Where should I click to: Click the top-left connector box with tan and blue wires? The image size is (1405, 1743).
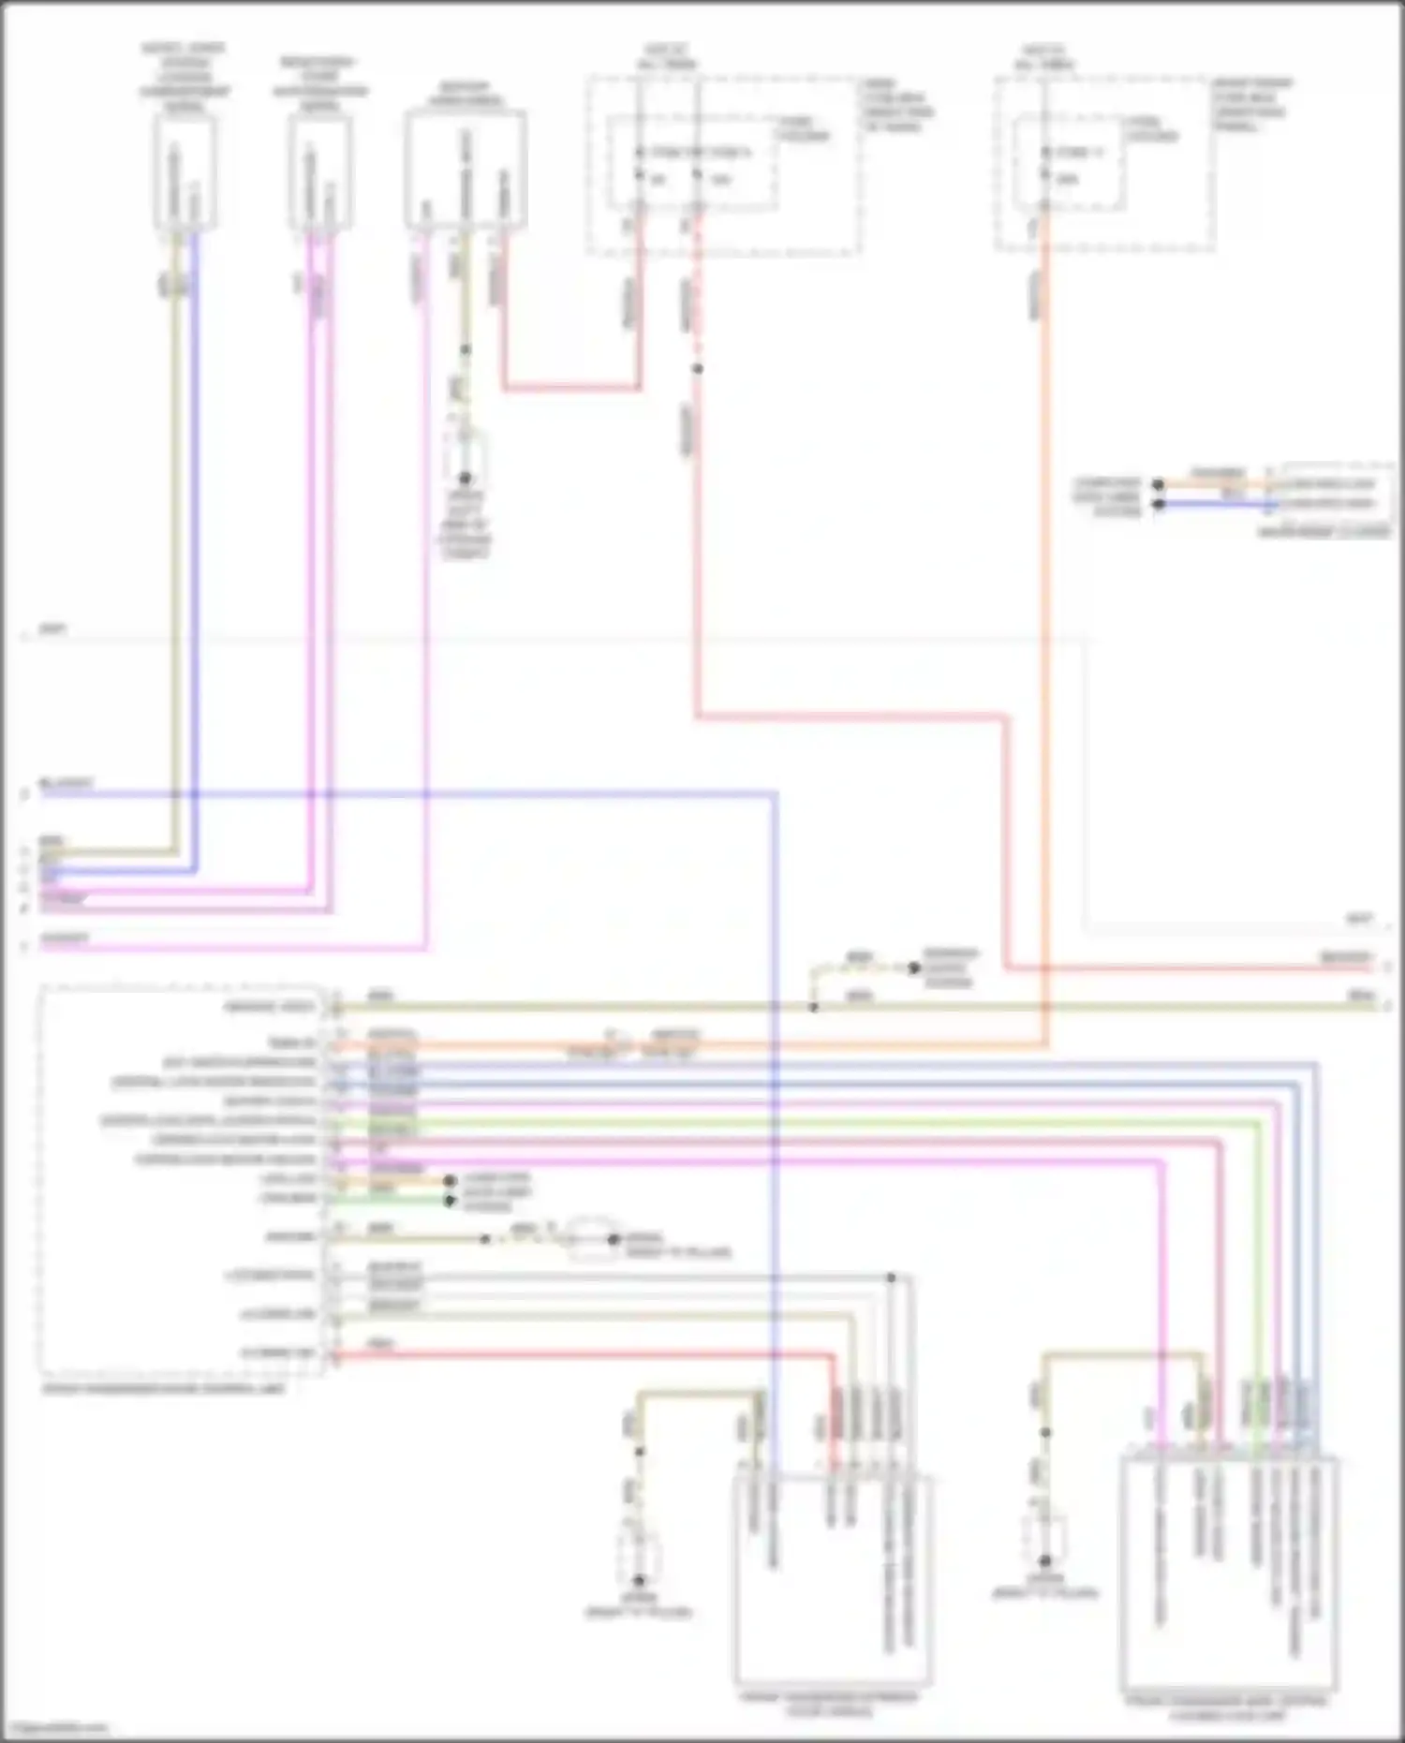click(185, 173)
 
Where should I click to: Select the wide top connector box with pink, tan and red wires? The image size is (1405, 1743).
click(466, 170)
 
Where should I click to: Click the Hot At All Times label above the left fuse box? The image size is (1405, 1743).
click(667, 57)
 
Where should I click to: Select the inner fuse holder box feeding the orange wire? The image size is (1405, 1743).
click(1068, 164)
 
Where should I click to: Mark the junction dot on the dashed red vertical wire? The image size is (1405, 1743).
click(697, 369)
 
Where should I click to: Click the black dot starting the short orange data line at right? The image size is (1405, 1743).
click(1158, 485)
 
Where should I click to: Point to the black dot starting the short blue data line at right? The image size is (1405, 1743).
click(1158, 504)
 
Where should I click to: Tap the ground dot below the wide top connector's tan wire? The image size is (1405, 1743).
click(465, 479)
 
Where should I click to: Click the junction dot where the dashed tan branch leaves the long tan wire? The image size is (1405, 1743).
click(813, 1007)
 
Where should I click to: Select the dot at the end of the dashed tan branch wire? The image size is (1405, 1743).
click(914, 968)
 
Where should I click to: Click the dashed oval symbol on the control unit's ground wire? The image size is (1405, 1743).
click(591, 1239)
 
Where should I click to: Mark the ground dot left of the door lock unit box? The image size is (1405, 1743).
click(1044, 1560)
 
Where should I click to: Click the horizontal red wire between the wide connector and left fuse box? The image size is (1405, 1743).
click(571, 387)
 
